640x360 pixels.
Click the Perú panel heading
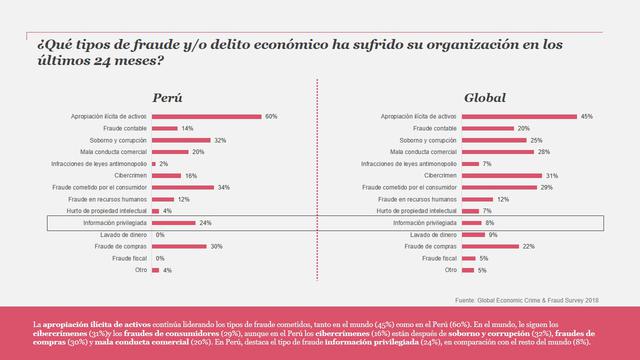pos(166,98)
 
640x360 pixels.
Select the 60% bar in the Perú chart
pos(205,117)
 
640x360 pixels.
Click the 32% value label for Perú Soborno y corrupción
pos(220,140)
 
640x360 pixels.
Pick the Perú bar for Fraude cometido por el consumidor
pos(179,187)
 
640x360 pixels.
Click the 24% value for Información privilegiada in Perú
pos(206,222)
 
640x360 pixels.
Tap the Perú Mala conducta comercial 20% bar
pos(169,152)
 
